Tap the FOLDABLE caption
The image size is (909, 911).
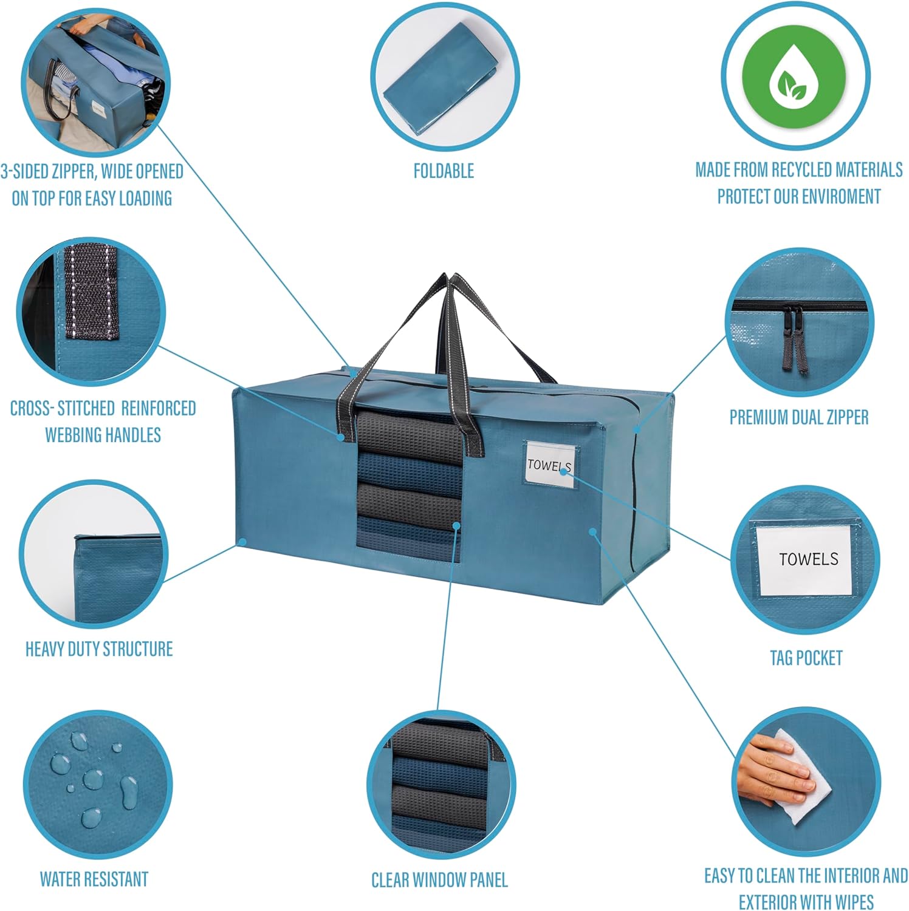(x=444, y=171)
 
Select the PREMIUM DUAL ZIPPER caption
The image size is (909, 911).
(x=798, y=417)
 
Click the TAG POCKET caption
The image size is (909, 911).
(x=806, y=658)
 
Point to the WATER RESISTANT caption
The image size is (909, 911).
(x=94, y=879)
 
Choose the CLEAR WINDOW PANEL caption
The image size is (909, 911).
(x=439, y=879)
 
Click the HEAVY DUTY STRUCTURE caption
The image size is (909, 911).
(x=99, y=649)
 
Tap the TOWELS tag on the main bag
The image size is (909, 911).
(x=549, y=465)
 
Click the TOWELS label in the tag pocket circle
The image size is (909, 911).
(x=808, y=559)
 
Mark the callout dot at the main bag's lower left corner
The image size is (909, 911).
(x=242, y=541)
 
